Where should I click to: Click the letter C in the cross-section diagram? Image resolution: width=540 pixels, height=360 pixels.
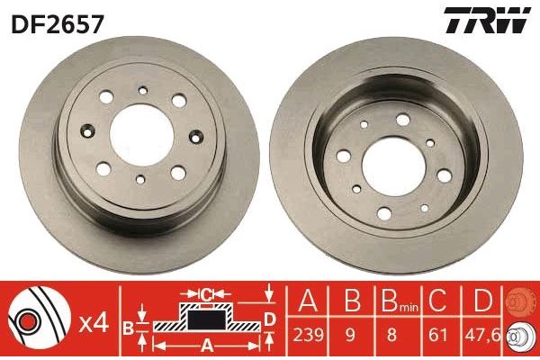click(x=205, y=294)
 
